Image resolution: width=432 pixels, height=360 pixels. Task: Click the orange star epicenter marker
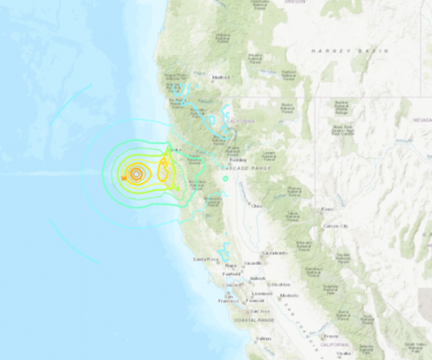pos(125,178)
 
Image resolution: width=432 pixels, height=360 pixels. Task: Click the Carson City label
pos(337,225)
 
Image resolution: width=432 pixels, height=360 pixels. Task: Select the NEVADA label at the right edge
pos(420,121)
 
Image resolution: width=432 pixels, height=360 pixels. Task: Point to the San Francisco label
pos(228,300)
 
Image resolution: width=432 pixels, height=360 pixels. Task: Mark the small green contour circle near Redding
pos(225,178)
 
